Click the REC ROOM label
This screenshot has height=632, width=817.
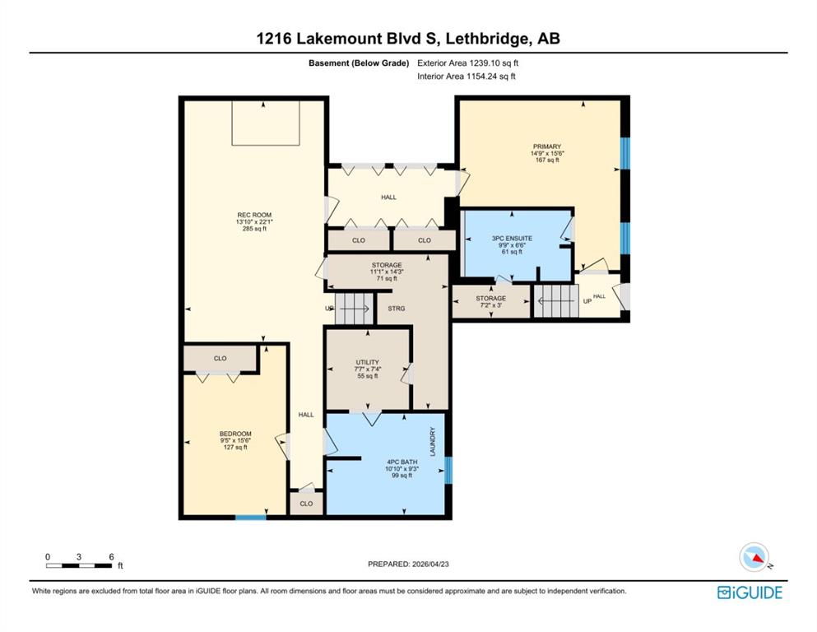[x=254, y=215]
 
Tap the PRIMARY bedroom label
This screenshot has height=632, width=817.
[x=546, y=146]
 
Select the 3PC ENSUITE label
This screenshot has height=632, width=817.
[x=513, y=238]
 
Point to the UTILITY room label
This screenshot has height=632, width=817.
[x=367, y=362]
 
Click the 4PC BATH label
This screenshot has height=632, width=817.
[x=402, y=462]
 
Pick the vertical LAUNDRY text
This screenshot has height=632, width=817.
[x=433, y=442]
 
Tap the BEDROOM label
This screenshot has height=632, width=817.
[x=235, y=434]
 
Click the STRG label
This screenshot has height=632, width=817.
[x=397, y=309]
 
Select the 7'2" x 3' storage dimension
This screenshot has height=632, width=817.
[x=491, y=305]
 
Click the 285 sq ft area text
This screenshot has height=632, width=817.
[x=254, y=228]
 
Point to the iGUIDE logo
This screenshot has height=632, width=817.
[x=750, y=592]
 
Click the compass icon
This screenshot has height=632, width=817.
[x=754, y=557]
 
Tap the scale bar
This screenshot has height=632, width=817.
[x=79, y=565]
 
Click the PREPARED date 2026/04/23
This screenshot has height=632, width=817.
[x=408, y=564]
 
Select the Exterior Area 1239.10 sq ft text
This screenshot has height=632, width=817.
[x=467, y=63]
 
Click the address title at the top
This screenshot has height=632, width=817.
[x=408, y=39]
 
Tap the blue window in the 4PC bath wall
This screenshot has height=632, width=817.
[x=448, y=470]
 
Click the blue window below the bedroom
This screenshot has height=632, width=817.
[x=251, y=518]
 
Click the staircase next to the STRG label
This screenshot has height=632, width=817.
[x=355, y=309]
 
